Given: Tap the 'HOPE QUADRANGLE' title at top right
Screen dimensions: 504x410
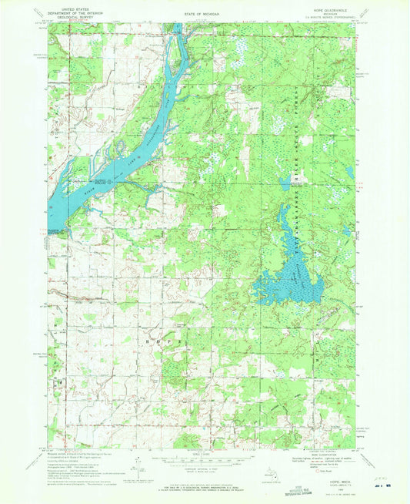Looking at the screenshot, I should click(332, 5).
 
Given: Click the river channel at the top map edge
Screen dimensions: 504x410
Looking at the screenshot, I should click(176, 28).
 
